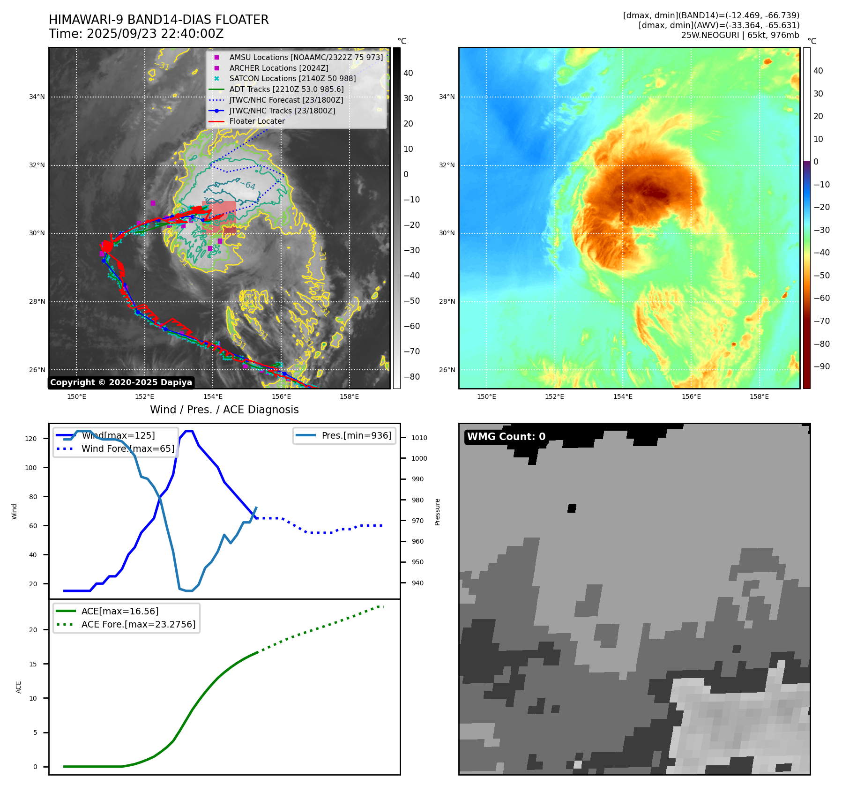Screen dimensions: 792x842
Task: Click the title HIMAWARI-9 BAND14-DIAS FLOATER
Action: pos(158,20)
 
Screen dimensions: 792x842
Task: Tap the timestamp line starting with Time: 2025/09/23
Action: pos(136,34)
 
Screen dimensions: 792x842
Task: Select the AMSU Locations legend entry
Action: pos(306,57)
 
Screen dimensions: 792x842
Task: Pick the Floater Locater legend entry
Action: pos(257,121)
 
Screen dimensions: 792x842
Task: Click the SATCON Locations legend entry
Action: pos(292,78)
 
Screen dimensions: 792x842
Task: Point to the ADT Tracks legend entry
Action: pos(286,89)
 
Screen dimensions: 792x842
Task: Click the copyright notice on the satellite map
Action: pos(121,382)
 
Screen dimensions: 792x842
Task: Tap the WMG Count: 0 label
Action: pos(506,437)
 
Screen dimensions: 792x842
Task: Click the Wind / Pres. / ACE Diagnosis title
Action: pos(224,410)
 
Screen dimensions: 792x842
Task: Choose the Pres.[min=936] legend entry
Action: pos(356,435)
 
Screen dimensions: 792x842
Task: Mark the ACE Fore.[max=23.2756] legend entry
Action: pos(138,624)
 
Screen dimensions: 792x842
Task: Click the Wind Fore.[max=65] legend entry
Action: pos(127,448)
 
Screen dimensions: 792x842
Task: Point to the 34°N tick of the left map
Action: pos(37,97)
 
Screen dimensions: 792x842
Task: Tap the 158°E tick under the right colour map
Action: pos(759,396)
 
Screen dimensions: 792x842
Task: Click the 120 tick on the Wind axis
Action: pos(31,439)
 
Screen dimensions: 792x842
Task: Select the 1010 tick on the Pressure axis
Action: pos(419,438)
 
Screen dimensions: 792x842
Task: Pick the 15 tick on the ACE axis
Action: pos(33,664)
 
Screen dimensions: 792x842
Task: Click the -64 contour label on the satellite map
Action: pos(250,186)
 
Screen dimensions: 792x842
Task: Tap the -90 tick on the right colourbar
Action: pos(821,366)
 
